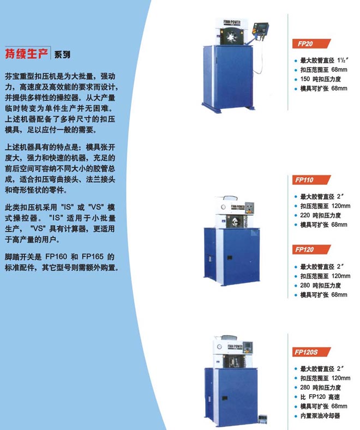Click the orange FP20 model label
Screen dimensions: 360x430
pyautogui.click(x=311, y=44)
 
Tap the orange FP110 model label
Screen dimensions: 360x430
pyautogui.click(x=311, y=180)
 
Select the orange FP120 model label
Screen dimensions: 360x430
pyautogui.click(x=311, y=249)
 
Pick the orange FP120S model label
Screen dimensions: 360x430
pyautogui.click(x=311, y=352)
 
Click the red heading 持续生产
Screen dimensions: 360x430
pyautogui.click(x=27, y=53)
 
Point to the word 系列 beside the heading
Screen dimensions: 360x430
pyautogui.click(x=62, y=54)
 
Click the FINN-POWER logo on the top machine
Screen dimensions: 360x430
pyautogui.click(x=232, y=22)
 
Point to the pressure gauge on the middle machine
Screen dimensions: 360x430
pyautogui.click(x=223, y=207)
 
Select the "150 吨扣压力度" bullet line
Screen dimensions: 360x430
pyautogui.click(x=320, y=79)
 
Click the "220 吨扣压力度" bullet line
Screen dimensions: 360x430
pyautogui.click(x=320, y=216)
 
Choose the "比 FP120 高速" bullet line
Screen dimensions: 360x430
pyautogui.click(x=320, y=397)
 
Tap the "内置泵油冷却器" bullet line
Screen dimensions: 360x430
pyautogui.click(x=320, y=416)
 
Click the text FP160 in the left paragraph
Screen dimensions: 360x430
pyautogui.click(x=56, y=257)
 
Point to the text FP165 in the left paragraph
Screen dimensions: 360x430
pyautogui.click(x=93, y=257)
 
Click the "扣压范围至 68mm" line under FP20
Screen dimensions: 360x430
pyautogui.click(x=323, y=70)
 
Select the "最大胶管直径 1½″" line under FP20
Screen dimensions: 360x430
pyautogui.click(x=325, y=60)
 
